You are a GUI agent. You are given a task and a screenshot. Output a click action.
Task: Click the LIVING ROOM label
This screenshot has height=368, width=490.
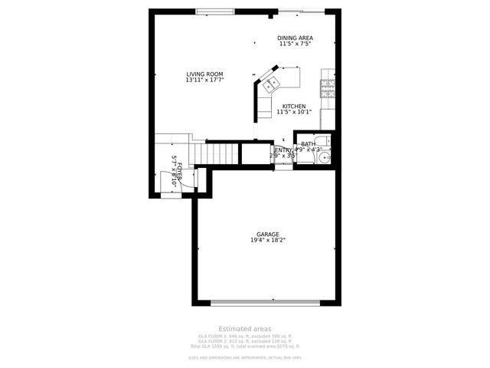point(204,74)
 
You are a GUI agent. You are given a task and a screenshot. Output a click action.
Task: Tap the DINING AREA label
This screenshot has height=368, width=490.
point(295,38)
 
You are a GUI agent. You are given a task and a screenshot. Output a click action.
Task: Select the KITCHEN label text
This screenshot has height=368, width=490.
point(294,106)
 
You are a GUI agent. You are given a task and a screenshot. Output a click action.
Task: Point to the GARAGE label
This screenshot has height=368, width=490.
point(267,234)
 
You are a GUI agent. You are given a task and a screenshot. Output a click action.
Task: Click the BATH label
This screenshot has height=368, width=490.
point(308,144)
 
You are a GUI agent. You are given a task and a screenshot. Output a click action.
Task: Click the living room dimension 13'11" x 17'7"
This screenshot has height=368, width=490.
point(204,80)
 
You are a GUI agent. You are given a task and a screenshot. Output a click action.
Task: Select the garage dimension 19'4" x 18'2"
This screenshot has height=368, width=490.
point(267,240)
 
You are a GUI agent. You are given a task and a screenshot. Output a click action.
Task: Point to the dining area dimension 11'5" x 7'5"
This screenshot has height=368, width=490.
point(295,44)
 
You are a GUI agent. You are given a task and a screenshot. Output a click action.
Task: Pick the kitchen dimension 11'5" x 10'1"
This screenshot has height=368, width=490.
point(294,112)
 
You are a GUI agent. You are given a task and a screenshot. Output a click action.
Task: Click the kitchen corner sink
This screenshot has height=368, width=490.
point(269,85)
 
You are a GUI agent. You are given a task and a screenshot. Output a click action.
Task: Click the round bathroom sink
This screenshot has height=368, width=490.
point(325,158)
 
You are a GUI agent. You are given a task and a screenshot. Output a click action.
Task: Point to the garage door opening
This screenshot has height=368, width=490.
point(266,301)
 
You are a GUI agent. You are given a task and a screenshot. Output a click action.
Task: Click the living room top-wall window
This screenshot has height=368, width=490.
point(215,11)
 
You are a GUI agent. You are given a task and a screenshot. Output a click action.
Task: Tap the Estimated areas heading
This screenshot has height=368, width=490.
point(244,329)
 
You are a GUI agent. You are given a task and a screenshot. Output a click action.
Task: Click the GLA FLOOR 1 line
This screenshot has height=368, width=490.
point(244,336)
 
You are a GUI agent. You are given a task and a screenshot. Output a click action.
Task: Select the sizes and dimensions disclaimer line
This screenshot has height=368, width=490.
point(244,357)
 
